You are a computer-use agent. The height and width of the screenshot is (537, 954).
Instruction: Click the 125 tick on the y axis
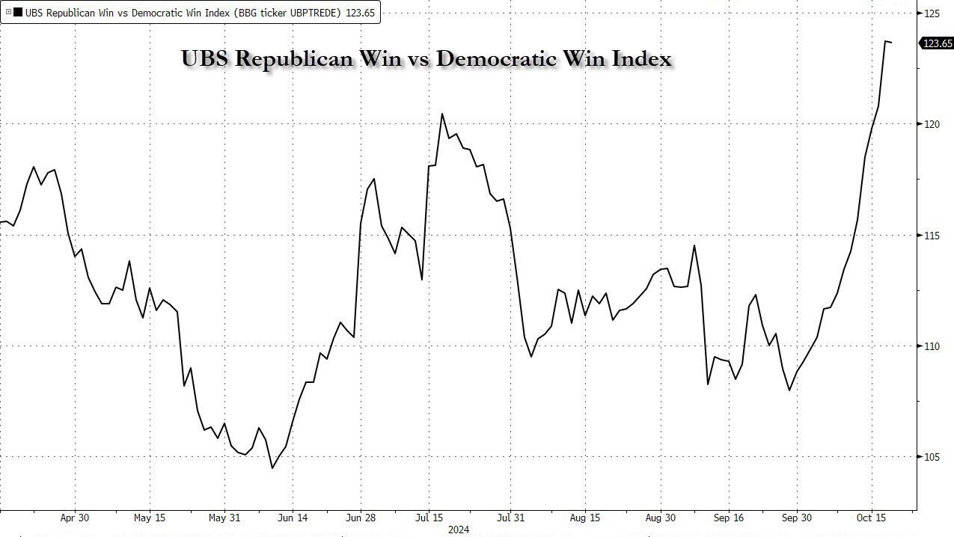[x=932, y=13]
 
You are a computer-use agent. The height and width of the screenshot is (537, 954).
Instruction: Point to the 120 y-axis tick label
[x=932, y=124]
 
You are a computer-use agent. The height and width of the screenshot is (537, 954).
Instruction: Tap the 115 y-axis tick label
[x=932, y=236]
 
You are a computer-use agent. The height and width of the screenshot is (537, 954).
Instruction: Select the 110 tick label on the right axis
[x=932, y=346]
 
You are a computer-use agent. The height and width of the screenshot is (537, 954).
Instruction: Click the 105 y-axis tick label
[x=932, y=457]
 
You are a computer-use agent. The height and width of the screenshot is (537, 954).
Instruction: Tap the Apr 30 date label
[x=74, y=518]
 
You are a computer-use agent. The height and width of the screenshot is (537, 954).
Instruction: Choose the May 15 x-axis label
[x=150, y=518]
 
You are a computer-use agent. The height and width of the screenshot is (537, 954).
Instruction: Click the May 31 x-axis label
[x=224, y=518]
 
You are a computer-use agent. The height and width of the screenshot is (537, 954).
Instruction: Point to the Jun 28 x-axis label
[x=361, y=518]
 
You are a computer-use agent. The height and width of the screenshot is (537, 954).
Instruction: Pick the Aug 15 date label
[x=584, y=518]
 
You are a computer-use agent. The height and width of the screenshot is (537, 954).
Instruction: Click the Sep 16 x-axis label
[x=729, y=518]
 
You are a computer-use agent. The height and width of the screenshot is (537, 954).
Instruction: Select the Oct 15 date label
[x=872, y=518]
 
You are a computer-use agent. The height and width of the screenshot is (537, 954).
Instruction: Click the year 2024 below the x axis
[x=458, y=530]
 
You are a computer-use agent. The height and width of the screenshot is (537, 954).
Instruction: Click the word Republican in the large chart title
[x=293, y=58]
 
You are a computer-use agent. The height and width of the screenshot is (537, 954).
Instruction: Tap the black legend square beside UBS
[x=18, y=12]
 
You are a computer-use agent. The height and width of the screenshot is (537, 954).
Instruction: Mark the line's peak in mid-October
[x=885, y=41]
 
